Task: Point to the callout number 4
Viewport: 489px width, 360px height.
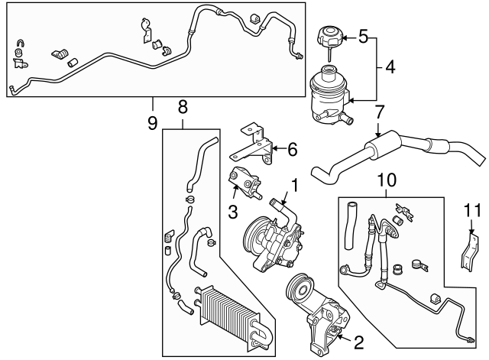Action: tap(390, 67)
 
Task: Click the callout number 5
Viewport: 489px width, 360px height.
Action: tap(363, 36)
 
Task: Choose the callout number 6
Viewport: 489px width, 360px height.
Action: tap(291, 149)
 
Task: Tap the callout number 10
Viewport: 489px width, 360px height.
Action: tap(387, 180)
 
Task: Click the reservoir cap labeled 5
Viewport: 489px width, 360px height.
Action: tap(328, 36)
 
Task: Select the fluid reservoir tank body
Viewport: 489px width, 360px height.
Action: tap(328, 96)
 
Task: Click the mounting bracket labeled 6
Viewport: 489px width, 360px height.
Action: tap(256, 143)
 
